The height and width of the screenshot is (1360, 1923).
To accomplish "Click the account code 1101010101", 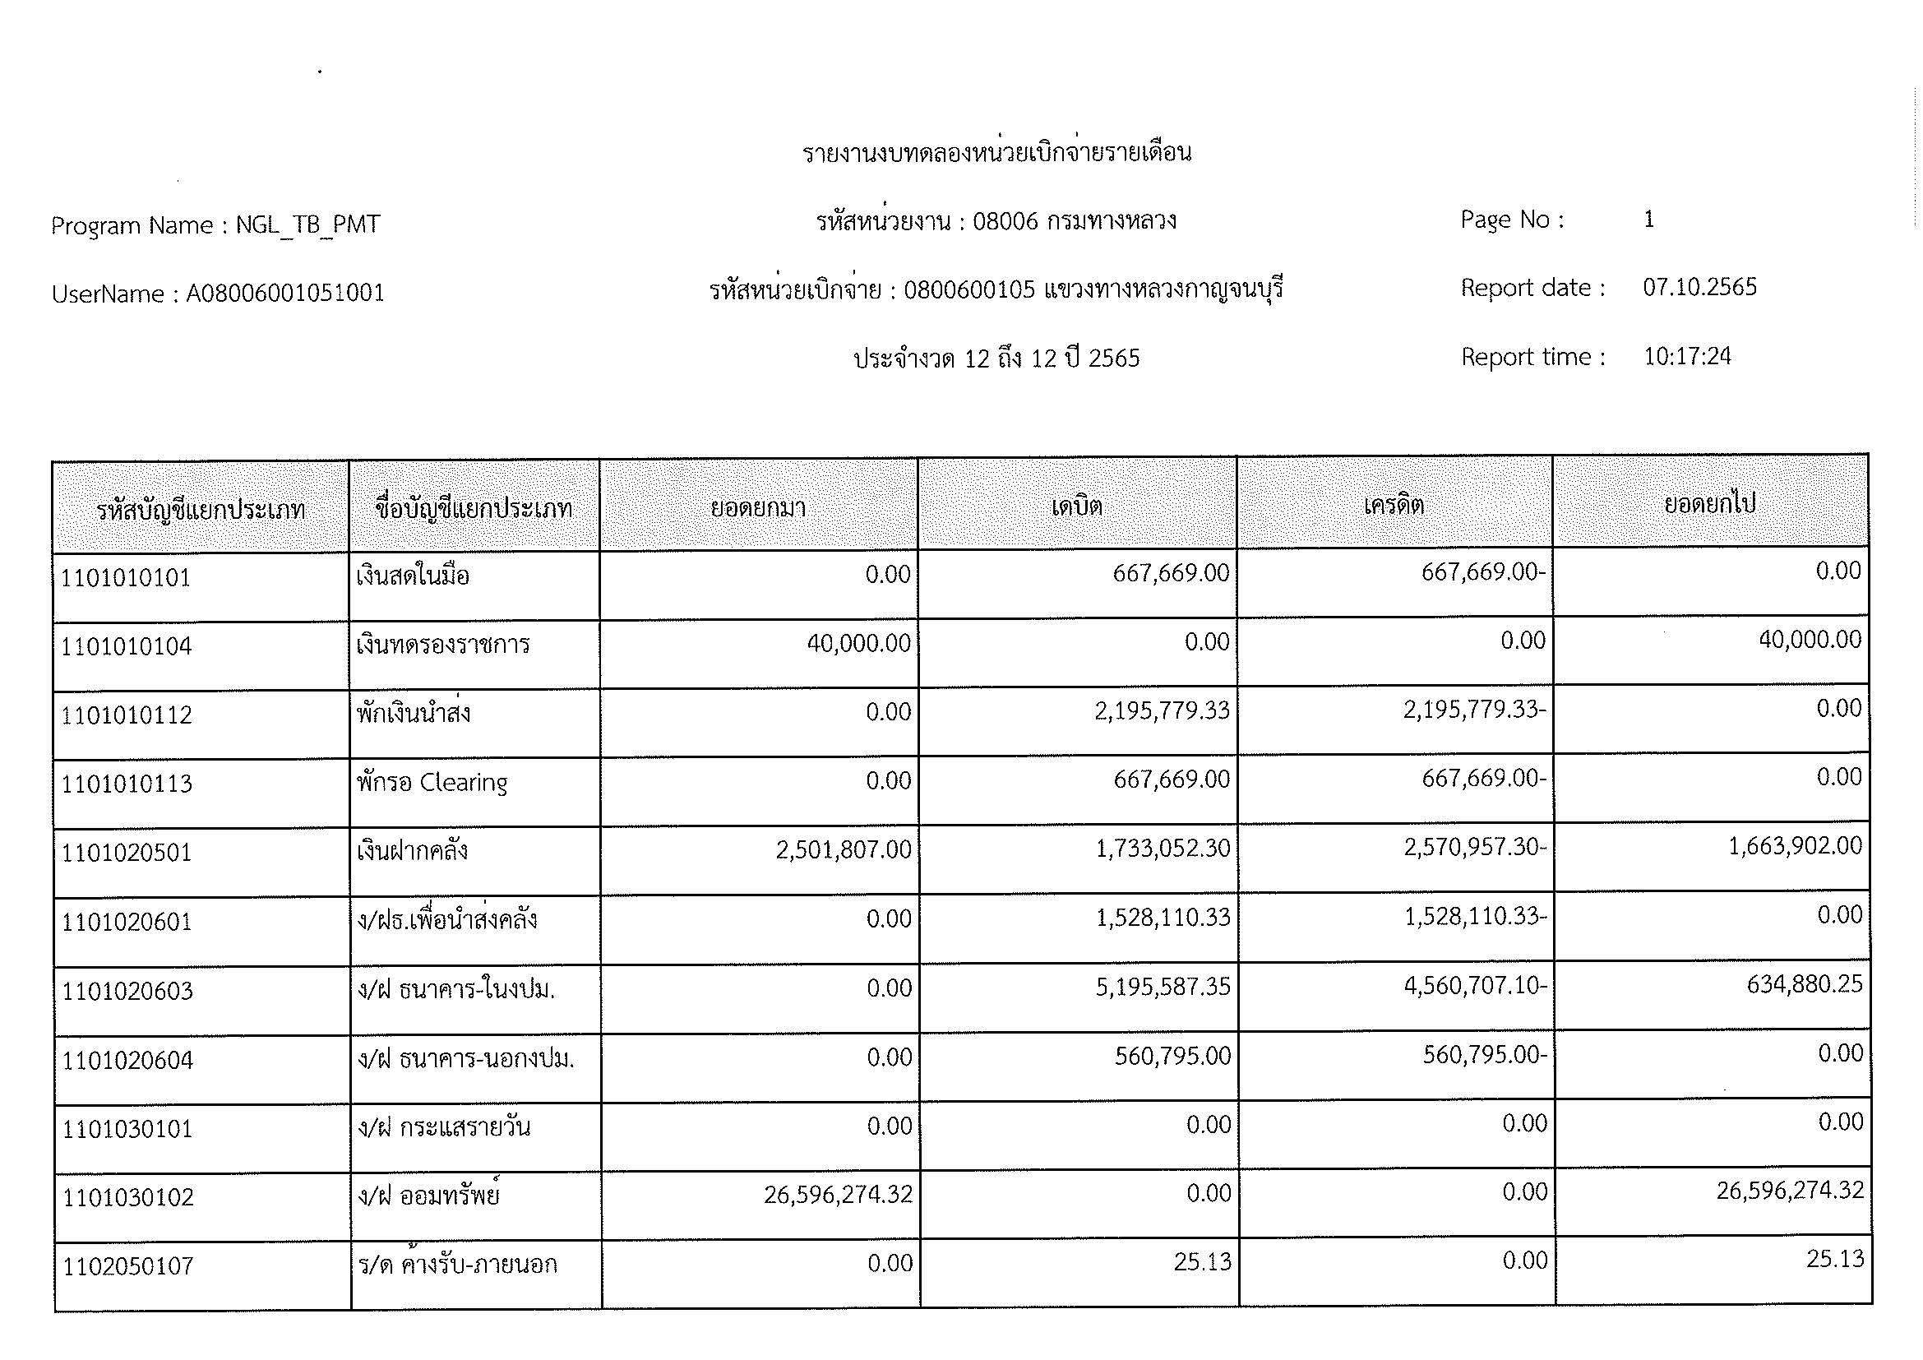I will coord(126,578).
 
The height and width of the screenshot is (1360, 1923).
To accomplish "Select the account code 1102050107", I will coord(128,1265).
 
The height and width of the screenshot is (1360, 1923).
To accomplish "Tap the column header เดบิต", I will coord(1076,507).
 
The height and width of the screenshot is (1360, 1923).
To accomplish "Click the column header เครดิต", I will coord(1394,505).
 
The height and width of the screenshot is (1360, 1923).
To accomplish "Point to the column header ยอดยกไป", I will coord(1709,504).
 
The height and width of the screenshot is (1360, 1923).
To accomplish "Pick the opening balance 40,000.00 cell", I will coord(858,643).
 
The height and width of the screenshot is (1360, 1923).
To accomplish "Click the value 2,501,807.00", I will coord(843,850).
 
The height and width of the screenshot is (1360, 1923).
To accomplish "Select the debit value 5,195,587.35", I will coord(1163,988).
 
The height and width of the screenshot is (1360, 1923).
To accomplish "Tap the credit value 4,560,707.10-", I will coord(1474,986).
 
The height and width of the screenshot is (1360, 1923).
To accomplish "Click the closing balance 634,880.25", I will coord(1804,984).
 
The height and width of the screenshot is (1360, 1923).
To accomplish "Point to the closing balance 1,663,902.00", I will coord(1795,846).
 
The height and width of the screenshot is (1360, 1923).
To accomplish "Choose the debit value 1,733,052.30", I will coord(1163,849).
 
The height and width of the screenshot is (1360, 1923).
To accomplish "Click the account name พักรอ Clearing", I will coord(432,782).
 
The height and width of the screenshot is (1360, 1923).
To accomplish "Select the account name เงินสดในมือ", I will coord(412,576).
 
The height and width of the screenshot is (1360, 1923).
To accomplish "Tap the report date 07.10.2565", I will coord(1699,287).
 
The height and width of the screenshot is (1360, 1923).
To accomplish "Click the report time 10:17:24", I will coord(1687,357).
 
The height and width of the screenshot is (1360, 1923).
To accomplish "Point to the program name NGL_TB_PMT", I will coord(307,224).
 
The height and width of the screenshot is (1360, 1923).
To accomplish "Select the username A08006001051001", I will coord(284,293).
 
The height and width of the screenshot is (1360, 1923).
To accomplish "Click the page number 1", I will coord(1648,220).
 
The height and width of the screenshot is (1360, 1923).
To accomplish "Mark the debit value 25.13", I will coord(1202,1262).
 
